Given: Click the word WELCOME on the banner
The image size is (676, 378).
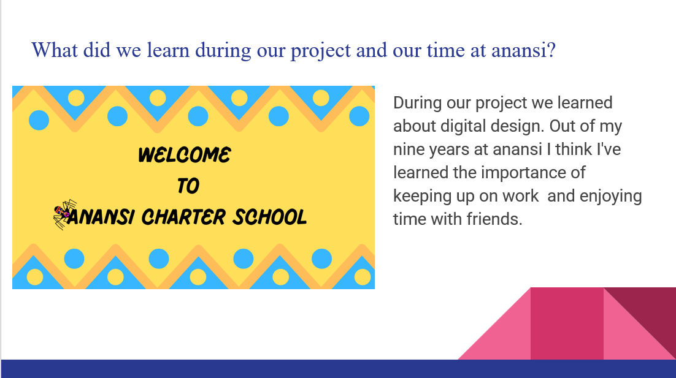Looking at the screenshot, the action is pos(185,155).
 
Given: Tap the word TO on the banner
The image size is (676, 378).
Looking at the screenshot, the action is pos(188,186).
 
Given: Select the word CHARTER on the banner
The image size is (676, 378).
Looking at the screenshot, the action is pos(183,216).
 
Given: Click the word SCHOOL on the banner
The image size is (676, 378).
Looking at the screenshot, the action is pos(270,216).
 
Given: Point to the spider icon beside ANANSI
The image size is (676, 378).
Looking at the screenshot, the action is pos(64,214).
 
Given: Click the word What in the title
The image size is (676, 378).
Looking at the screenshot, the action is pos(55,50).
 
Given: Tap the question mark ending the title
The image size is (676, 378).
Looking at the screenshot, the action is pos(551,50).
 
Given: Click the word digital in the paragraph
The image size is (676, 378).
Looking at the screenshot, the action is pos(467,126).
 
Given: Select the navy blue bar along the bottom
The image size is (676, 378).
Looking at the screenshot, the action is pos(339,369).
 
